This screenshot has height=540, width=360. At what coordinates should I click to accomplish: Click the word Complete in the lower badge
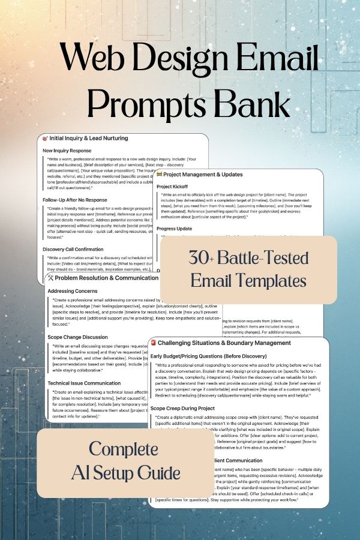(x=124, y=449)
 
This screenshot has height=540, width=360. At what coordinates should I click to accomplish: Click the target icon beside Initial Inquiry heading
(x=46, y=138)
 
